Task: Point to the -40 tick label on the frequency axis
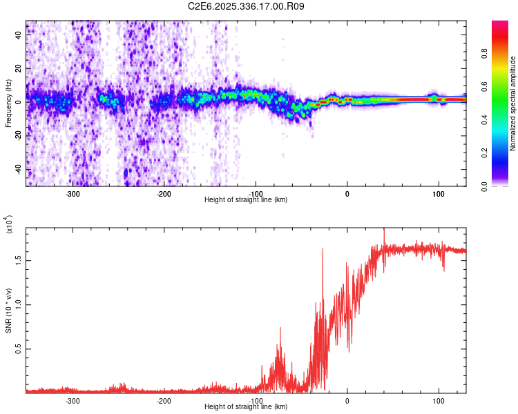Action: click(19, 170)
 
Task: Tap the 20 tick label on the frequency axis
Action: click(19, 69)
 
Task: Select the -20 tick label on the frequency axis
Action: click(19, 136)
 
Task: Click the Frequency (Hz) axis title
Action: click(8, 103)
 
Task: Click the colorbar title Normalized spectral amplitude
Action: click(513, 103)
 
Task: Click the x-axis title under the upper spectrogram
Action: click(246, 200)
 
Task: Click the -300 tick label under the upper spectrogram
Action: click(73, 194)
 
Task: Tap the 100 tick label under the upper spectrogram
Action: click(438, 194)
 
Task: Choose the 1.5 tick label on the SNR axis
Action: click(19, 259)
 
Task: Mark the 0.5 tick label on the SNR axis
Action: click(19, 349)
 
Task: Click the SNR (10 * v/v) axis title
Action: click(8, 310)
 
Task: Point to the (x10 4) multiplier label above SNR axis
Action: click(10, 225)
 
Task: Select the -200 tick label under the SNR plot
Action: click(164, 401)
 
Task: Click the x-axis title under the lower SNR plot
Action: click(246, 407)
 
